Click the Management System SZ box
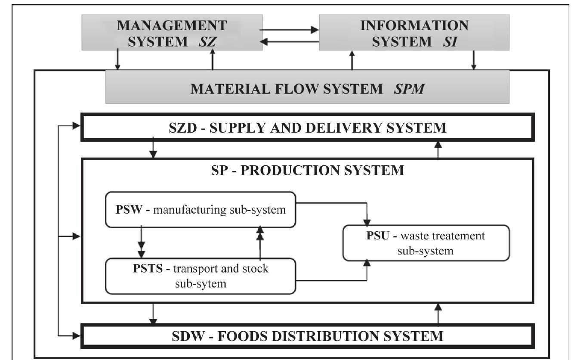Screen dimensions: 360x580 point(172,33)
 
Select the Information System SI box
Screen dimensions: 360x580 point(414,33)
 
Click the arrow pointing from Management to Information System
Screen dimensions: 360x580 point(290,30)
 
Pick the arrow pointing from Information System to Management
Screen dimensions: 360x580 point(290,41)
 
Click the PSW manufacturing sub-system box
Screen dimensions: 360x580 point(201,210)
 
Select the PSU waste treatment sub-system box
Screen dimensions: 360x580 point(426,243)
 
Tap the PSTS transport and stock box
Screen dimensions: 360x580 point(201,276)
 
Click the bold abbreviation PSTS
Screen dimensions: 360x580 point(152,269)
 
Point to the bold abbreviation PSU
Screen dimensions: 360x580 point(376,236)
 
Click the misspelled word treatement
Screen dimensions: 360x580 point(459,236)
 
